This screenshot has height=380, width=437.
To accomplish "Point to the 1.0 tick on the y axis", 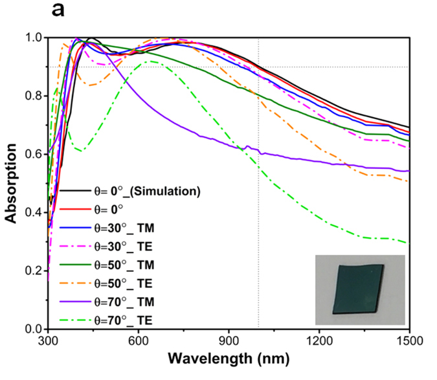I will point(32,38).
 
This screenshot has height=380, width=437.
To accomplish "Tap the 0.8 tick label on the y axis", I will point(32,96).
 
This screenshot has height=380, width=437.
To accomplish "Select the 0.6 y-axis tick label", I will point(32,155).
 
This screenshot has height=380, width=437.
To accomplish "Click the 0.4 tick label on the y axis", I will point(32,213).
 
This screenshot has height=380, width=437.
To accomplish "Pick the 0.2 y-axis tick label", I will point(32,271).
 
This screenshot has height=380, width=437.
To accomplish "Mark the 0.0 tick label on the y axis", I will point(32,329).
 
